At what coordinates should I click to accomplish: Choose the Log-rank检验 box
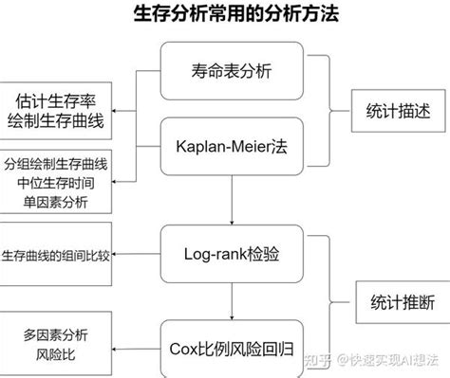click(232, 254)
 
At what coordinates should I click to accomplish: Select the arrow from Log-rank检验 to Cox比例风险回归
click(232, 301)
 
